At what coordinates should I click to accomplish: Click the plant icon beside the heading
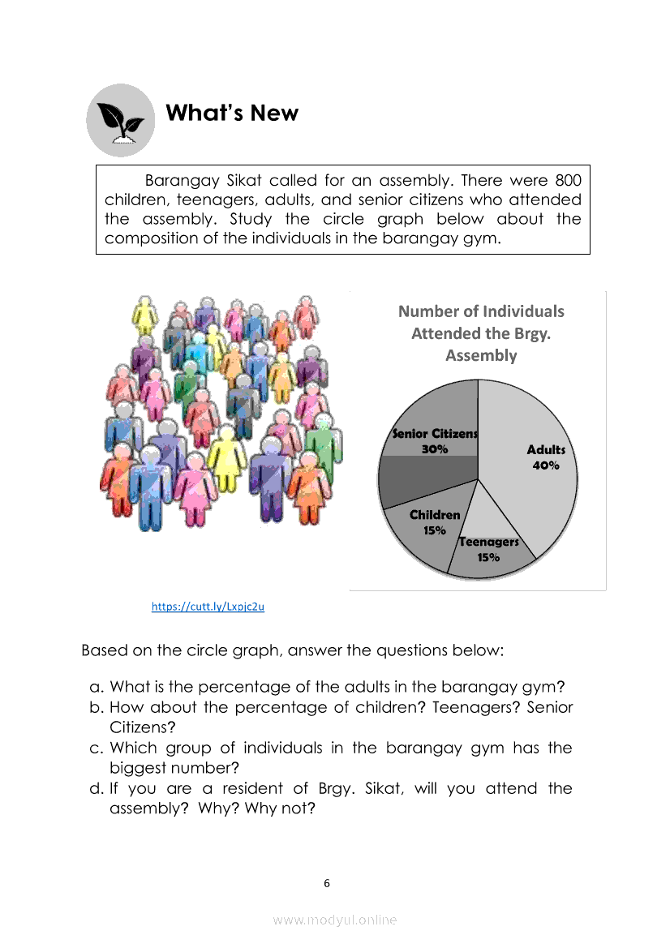click(120, 121)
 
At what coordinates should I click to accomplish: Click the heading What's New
click(232, 114)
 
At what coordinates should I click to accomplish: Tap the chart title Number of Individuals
click(481, 311)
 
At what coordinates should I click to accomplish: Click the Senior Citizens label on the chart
click(436, 434)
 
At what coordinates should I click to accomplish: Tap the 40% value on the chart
click(546, 465)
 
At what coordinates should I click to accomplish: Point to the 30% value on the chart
click(435, 449)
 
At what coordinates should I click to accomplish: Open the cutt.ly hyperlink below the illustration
click(208, 606)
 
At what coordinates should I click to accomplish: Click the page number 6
click(327, 883)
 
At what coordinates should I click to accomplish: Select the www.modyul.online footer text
click(335, 920)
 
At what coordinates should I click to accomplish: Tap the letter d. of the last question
click(96, 788)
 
